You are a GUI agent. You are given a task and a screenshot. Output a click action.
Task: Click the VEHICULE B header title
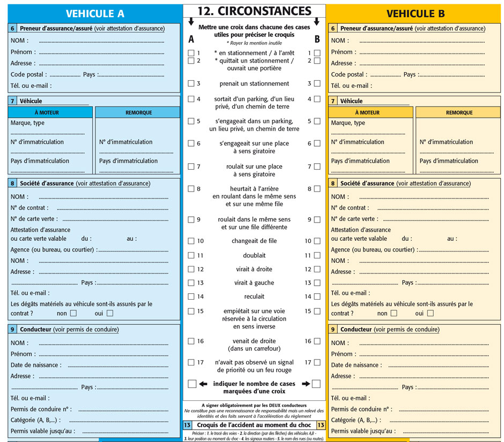(415, 14)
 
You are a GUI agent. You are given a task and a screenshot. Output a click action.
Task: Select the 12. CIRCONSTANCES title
(254, 11)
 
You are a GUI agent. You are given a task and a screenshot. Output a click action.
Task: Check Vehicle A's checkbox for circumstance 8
(191, 189)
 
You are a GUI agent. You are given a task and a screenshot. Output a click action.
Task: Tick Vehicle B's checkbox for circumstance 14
(317, 296)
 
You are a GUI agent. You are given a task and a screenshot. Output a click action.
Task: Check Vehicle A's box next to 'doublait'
(191, 256)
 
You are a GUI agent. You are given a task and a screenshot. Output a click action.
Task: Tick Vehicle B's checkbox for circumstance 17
(317, 362)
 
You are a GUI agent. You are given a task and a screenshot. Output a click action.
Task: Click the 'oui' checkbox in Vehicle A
(110, 313)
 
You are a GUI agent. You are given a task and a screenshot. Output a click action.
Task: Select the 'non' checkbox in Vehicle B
(394, 313)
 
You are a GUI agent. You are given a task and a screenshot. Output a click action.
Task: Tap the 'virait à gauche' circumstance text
(254, 283)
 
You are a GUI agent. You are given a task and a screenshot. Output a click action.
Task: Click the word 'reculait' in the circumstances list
(254, 296)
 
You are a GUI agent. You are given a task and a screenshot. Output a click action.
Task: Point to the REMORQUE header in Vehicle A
(138, 113)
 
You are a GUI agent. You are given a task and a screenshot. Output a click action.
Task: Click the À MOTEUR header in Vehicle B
(371, 113)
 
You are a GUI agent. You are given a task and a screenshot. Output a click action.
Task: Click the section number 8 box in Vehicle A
(12, 184)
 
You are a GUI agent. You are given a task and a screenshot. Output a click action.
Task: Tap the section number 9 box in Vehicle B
(333, 330)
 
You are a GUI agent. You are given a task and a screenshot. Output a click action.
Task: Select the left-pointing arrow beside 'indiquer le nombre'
(203, 384)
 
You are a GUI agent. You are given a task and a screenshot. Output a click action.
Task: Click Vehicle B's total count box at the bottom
(316, 384)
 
